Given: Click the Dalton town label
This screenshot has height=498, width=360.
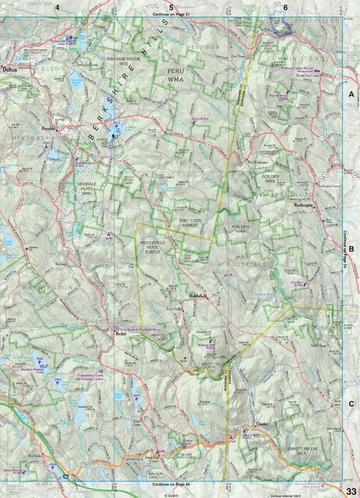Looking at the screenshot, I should point(10,69).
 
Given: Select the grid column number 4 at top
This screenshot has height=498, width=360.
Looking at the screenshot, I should point(57,7).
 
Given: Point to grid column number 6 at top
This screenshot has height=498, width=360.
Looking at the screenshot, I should point(285,7).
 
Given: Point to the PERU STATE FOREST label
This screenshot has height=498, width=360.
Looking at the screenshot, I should point(191,224).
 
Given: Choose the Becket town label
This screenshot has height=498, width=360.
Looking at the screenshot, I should point(120,337).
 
